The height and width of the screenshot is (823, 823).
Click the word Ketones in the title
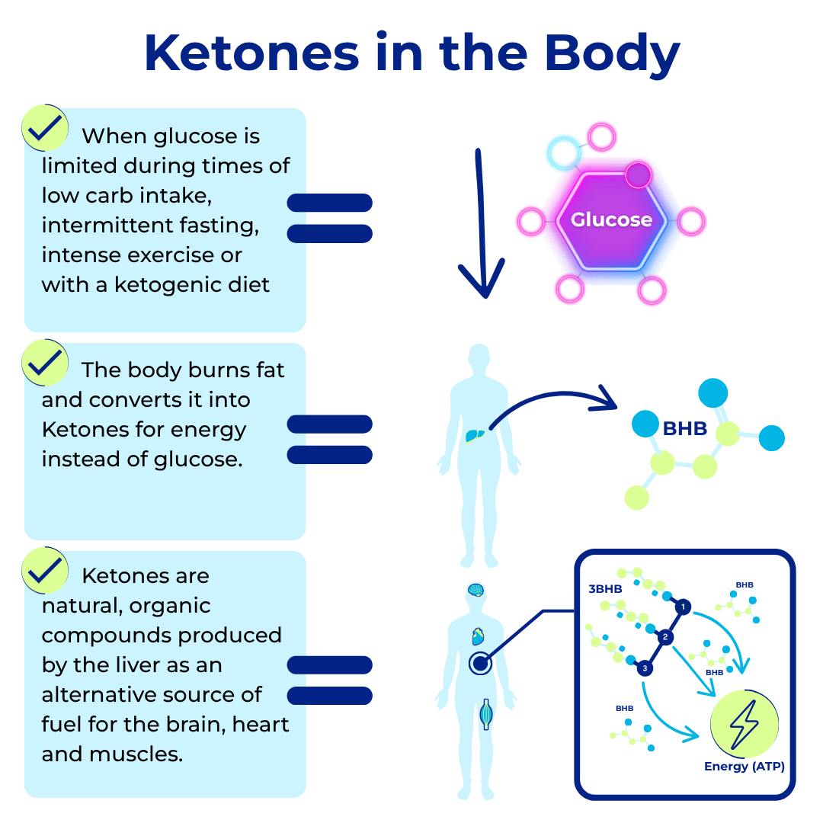252,53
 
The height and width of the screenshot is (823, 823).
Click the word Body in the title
612,55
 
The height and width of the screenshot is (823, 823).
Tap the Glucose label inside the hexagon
611,219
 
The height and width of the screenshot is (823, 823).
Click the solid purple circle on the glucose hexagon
639,175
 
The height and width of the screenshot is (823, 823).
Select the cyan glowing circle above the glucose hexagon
564,152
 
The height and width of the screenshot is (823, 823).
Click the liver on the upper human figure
475,435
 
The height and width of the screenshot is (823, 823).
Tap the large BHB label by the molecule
685,429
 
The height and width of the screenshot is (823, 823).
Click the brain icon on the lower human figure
476,591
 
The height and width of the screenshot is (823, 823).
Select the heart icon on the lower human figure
478,636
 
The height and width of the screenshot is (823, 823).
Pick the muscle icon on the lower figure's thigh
486,714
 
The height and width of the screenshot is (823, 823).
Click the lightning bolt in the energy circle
745,725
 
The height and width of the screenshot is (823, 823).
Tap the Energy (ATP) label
745,767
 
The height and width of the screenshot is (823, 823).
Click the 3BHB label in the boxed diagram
605,589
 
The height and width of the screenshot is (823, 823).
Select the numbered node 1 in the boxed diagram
683,607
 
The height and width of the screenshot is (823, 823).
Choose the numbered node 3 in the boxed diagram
645,668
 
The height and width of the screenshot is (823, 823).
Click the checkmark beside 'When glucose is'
45,127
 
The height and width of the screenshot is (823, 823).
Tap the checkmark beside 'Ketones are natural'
45,570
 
